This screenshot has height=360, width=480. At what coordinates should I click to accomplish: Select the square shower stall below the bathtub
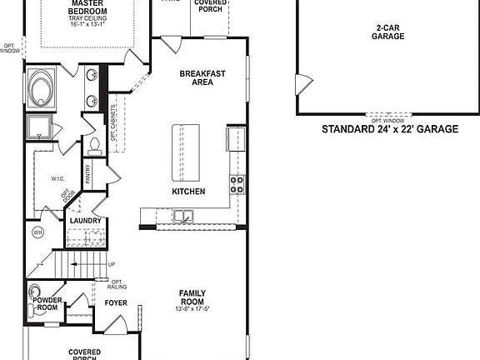tap(38, 127)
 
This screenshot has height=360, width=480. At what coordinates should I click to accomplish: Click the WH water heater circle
tap(37, 232)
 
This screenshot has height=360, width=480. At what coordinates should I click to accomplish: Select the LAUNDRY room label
tap(86, 221)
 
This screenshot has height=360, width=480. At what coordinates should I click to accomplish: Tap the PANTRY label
tap(87, 174)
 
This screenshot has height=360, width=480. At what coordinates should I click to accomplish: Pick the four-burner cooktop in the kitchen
tap(237, 184)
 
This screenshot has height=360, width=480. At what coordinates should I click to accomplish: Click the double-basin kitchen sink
tap(183, 217)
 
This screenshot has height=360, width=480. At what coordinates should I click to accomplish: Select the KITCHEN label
tap(187, 192)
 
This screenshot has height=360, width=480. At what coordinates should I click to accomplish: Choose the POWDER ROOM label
tap(47, 303)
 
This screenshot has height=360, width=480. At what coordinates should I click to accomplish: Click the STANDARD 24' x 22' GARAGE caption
tap(390, 130)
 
